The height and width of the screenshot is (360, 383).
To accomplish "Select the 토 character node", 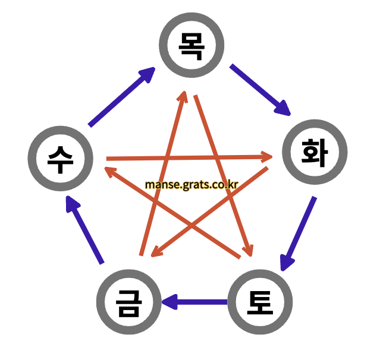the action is coord(260,302).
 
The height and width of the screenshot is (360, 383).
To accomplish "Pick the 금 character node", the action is coord(129,302).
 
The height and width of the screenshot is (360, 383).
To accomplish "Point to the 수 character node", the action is coord(60,159).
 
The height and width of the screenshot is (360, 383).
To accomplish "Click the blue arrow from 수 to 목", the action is coord(121,97).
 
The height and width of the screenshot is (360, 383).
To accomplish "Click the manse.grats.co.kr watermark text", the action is coord(191,184).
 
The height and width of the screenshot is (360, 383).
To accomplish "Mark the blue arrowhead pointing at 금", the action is coord(169,302).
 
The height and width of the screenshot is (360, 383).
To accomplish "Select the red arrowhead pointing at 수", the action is coord(111,172).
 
